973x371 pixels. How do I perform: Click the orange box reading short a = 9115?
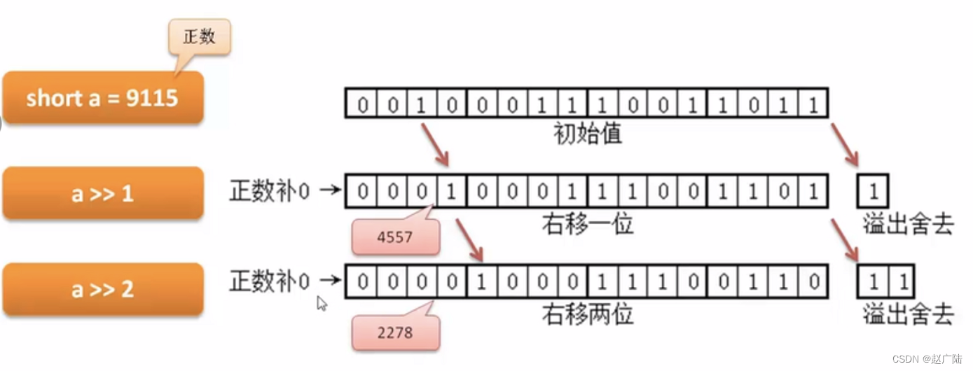point(102,98)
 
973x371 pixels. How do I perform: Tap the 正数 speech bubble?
point(198,37)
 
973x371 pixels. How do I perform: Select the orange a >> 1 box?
point(102,193)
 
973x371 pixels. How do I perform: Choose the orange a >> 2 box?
point(102,288)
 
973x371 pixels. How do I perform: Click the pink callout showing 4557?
point(395,237)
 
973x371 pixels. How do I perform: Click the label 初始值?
point(587,133)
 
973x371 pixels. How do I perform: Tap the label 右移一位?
point(587,224)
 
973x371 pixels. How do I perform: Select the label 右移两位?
point(587,314)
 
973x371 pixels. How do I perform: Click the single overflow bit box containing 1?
point(873,191)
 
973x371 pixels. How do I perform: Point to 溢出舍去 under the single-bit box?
point(908,225)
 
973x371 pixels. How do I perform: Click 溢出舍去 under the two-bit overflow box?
point(908,315)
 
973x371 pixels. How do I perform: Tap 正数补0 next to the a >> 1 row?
point(269,191)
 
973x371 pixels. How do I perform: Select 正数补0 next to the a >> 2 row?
point(269,281)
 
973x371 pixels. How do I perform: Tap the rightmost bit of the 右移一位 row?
point(813,191)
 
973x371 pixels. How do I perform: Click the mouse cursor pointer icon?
point(321,303)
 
